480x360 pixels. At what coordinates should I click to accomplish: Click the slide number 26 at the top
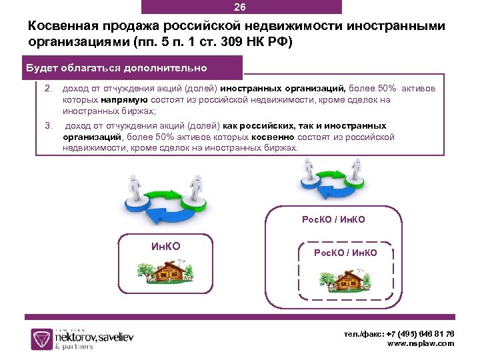point(240,7)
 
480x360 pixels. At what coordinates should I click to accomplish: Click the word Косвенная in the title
point(65,26)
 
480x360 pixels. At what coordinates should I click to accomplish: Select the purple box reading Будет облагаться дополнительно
point(116,68)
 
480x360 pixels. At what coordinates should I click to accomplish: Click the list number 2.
point(48,89)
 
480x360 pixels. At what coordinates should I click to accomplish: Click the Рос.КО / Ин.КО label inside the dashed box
point(345,253)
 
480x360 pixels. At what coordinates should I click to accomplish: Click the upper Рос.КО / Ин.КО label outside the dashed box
point(334,219)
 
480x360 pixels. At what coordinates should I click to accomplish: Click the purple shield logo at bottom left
point(42,338)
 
